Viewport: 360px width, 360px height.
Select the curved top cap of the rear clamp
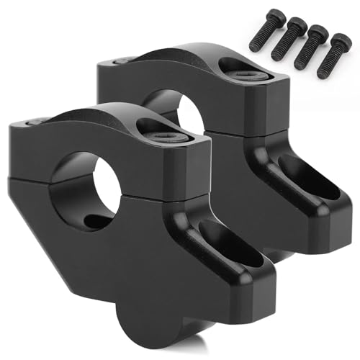(187, 61)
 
